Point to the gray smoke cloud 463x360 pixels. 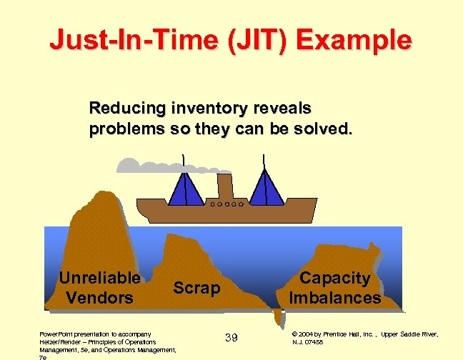(143, 166)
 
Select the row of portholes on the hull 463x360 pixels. (228, 204)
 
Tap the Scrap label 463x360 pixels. (197, 288)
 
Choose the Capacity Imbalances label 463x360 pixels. (334, 288)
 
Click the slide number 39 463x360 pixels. (231, 337)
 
